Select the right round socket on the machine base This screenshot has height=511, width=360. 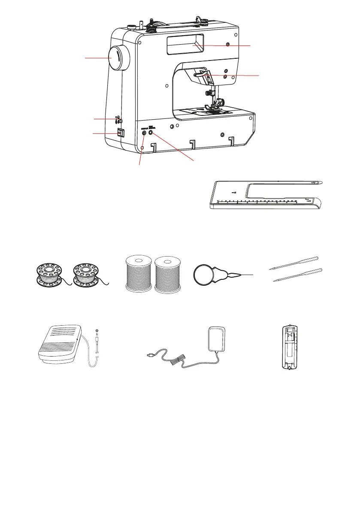point(151,133)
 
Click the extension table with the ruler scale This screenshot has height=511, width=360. point(266,195)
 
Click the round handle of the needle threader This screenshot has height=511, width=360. point(205,275)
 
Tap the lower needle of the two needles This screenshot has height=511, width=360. point(297,275)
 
